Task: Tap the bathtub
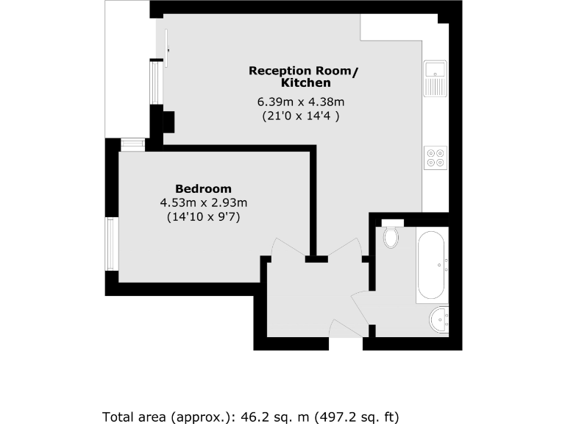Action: tap(431, 265)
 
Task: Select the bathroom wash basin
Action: tap(439, 319)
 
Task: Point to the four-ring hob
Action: tap(435, 159)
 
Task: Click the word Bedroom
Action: tap(203, 188)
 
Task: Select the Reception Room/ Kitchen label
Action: tap(304, 77)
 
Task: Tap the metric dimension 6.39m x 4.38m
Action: tap(300, 102)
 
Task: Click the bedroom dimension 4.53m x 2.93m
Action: tap(203, 202)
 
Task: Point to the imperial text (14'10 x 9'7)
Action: tap(203, 217)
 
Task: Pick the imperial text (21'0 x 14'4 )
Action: tap(300, 116)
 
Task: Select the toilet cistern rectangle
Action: tap(392, 223)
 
